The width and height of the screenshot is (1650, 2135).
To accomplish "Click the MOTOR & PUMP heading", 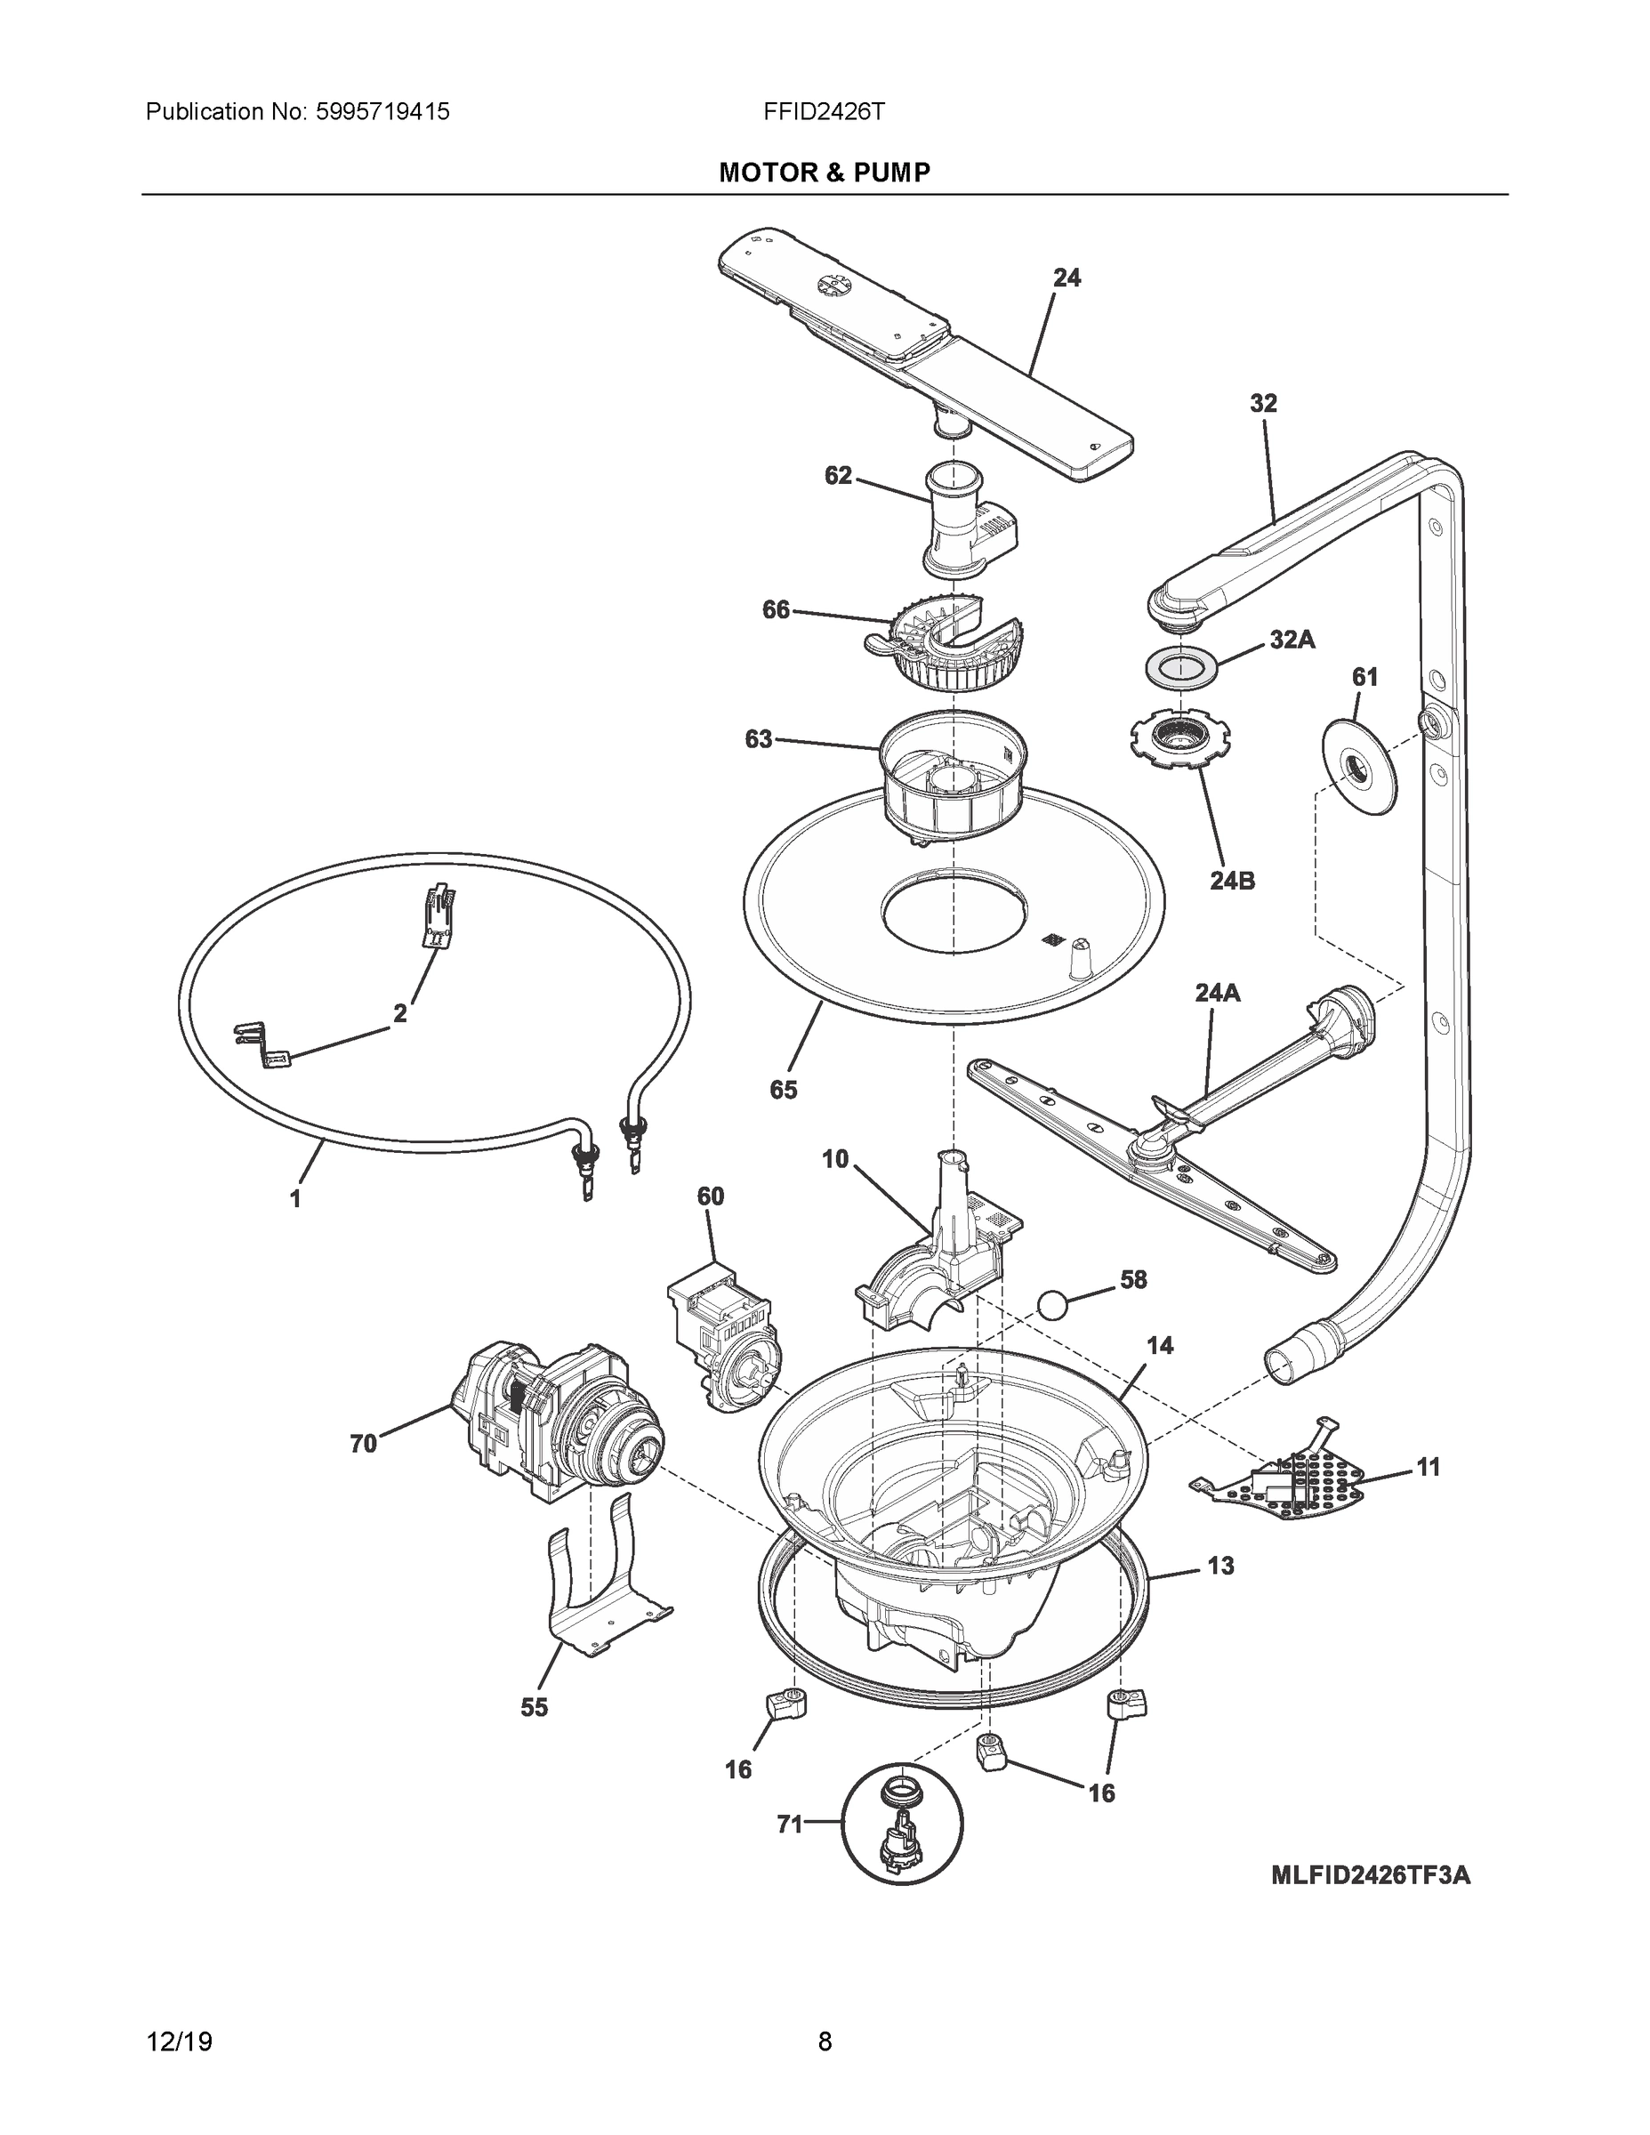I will (824, 173).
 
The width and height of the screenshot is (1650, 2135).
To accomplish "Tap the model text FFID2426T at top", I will (824, 112).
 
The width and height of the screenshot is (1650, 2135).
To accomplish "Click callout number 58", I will (1133, 1279).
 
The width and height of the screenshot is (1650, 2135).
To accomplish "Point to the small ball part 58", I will (1051, 1304).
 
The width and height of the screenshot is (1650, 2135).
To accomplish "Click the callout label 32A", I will (1292, 640).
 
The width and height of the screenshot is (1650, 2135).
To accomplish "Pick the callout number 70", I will (364, 1443).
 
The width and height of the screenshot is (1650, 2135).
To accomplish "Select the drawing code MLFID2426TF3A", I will (1370, 1875).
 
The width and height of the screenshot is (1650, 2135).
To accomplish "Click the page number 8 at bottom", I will (824, 2042).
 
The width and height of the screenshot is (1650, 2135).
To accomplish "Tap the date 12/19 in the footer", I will (180, 2042).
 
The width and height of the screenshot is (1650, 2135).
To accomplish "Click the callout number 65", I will (783, 1089).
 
